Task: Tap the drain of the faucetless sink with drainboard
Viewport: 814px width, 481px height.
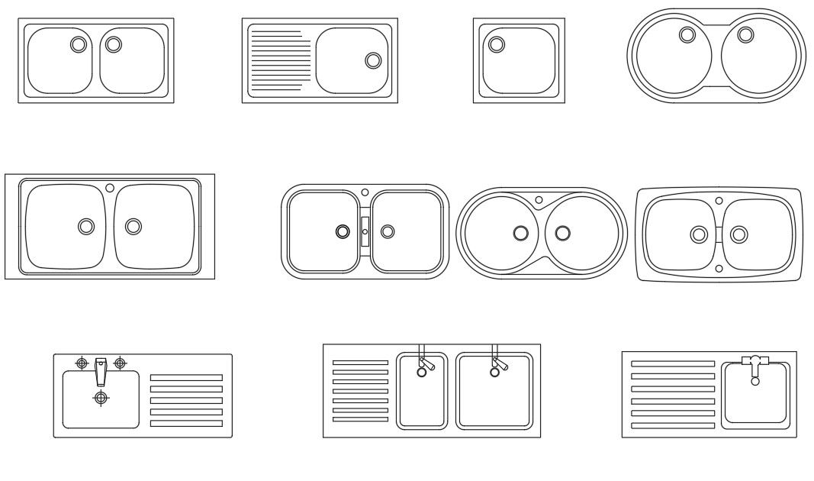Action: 373,60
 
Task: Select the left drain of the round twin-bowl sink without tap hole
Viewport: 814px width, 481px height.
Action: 686,34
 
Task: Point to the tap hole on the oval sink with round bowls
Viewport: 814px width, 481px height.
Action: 539,200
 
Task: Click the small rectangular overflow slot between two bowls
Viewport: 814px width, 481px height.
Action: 365,231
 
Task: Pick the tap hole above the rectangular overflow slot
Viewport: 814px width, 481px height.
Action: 365,192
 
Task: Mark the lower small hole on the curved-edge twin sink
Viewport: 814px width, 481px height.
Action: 719,268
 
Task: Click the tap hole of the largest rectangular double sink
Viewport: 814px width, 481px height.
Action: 110,187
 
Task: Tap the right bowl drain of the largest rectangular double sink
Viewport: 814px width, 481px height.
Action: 134,226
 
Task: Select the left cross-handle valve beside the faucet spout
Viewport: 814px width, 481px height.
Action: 82,363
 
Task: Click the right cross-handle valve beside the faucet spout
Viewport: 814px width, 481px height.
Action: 120,363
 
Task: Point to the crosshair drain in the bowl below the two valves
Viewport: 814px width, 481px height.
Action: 101,397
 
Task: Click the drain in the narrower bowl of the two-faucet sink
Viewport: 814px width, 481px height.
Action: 420,373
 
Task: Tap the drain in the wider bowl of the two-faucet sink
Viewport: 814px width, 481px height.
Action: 494,373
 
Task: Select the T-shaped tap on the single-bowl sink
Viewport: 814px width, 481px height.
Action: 755,364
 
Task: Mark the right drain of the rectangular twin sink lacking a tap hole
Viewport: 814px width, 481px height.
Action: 113,44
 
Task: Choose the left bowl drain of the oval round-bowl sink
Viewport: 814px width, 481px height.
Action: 520,233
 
